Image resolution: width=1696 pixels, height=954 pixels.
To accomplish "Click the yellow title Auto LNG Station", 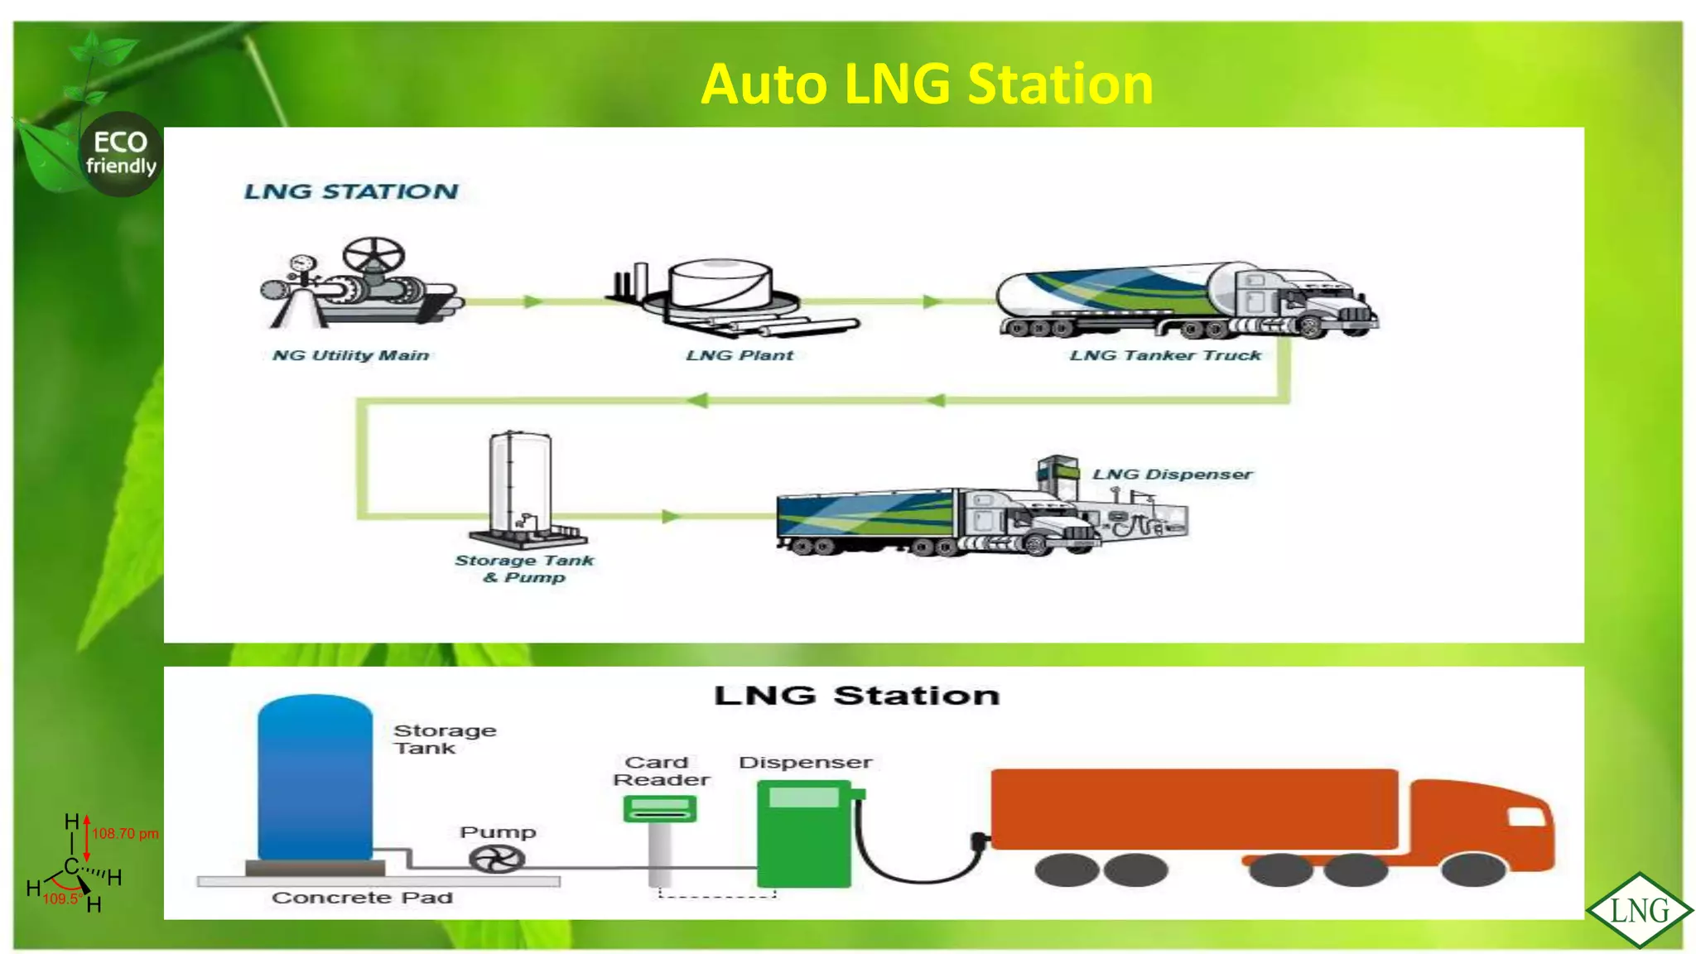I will (927, 84).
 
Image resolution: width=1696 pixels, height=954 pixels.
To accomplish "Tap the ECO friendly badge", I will (121, 154).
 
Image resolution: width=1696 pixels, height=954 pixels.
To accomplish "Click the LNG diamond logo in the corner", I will (1639, 910).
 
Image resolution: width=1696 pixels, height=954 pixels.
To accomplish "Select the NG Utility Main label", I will (350, 355).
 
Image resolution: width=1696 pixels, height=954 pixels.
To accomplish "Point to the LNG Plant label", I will (740, 355).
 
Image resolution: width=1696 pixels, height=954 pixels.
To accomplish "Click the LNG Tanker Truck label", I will (1164, 355).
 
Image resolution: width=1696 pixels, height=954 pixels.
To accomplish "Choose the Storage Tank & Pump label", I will (524, 568).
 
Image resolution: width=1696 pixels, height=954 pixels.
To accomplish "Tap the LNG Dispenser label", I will (1172, 475).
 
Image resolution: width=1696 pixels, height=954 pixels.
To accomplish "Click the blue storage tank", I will (315, 778).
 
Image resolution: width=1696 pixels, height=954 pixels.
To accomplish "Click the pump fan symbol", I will (497, 859).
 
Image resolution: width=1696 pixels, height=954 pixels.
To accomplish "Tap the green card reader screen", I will (659, 807).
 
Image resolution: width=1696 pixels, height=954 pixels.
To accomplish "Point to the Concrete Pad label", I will (362, 898).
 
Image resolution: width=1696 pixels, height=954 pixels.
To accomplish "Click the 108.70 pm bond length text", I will (125, 834).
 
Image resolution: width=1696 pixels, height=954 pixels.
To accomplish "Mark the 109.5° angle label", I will (61, 899).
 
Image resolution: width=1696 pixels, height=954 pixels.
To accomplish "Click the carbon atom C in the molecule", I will (71, 867).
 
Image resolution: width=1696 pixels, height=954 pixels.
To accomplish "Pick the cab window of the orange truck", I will (1525, 817).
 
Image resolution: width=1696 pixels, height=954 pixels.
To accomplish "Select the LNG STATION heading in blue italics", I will (351, 191).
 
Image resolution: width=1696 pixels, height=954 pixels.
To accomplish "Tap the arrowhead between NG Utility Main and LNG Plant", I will (532, 301).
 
